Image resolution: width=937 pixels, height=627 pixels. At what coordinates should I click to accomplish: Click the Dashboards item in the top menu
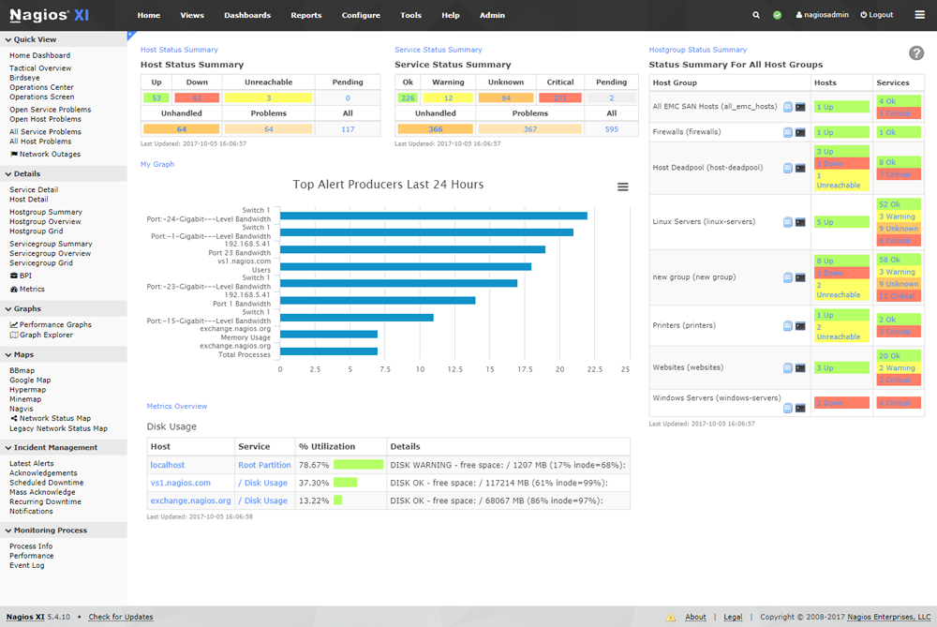coord(247,15)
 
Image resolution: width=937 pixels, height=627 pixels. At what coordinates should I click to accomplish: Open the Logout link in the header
coord(881,15)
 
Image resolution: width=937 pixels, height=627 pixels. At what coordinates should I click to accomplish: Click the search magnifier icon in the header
coord(756,15)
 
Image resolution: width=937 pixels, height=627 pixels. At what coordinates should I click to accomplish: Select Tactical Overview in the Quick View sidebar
coord(40,68)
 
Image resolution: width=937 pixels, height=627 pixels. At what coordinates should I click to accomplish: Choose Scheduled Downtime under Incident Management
coord(46,483)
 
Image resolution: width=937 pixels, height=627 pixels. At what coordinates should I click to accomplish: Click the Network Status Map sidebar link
coord(55,418)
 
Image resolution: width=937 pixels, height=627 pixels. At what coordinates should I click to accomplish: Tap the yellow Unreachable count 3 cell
coord(268,97)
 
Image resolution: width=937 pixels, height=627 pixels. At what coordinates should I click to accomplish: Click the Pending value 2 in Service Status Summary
coord(611,97)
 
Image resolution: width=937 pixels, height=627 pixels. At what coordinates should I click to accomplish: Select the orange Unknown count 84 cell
coord(506,97)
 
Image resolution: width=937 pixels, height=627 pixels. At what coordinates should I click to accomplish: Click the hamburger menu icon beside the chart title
coord(623,187)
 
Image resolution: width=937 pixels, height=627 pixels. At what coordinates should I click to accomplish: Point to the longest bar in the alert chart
coord(433,216)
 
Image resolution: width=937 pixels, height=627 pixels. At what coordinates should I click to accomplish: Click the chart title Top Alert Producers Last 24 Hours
coord(388,185)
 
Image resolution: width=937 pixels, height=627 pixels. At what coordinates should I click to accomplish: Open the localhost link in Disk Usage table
coord(168,465)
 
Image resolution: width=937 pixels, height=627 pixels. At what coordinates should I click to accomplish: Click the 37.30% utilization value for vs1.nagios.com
coord(312,483)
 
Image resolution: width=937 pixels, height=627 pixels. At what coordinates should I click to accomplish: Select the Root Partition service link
coord(264,465)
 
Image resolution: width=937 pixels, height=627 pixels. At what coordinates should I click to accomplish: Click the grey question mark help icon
coord(916,53)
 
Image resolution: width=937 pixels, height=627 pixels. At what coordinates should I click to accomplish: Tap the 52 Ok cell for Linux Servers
coord(890,204)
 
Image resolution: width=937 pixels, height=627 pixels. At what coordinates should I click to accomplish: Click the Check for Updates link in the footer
coord(121,617)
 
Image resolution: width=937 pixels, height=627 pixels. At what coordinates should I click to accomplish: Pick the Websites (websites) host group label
coord(688,367)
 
